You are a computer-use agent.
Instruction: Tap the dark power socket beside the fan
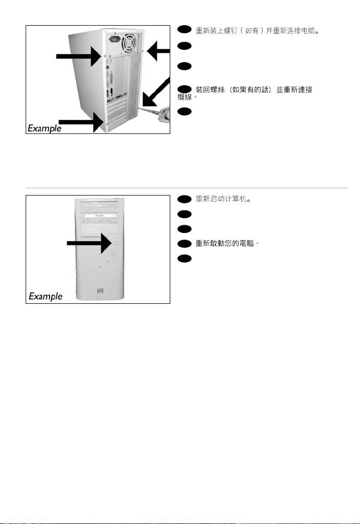coord(114,40)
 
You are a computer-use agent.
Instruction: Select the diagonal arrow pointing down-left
coord(155,92)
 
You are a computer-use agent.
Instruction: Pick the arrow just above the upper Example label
coord(81,122)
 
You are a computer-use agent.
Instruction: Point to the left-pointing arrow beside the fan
coord(158,51)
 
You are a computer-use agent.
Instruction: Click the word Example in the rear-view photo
coord(45,128)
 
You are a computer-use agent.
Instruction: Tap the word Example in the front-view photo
coord(46,296)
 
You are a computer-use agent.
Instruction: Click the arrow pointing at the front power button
coord(89,243)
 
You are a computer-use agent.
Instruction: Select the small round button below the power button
coord(113,254)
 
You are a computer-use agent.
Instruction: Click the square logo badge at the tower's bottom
coord(100,290)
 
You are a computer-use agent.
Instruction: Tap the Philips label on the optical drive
coord(99,216)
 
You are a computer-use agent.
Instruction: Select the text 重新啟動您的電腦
coord(227,243)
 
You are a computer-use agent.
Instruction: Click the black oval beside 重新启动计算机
coord(184,199)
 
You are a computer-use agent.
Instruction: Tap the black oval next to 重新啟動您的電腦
coord(184,244)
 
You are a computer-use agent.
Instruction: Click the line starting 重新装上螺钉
coord(257,31)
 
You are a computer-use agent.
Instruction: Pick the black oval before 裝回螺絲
coord(184,89)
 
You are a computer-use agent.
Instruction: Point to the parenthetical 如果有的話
coord(251,90)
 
